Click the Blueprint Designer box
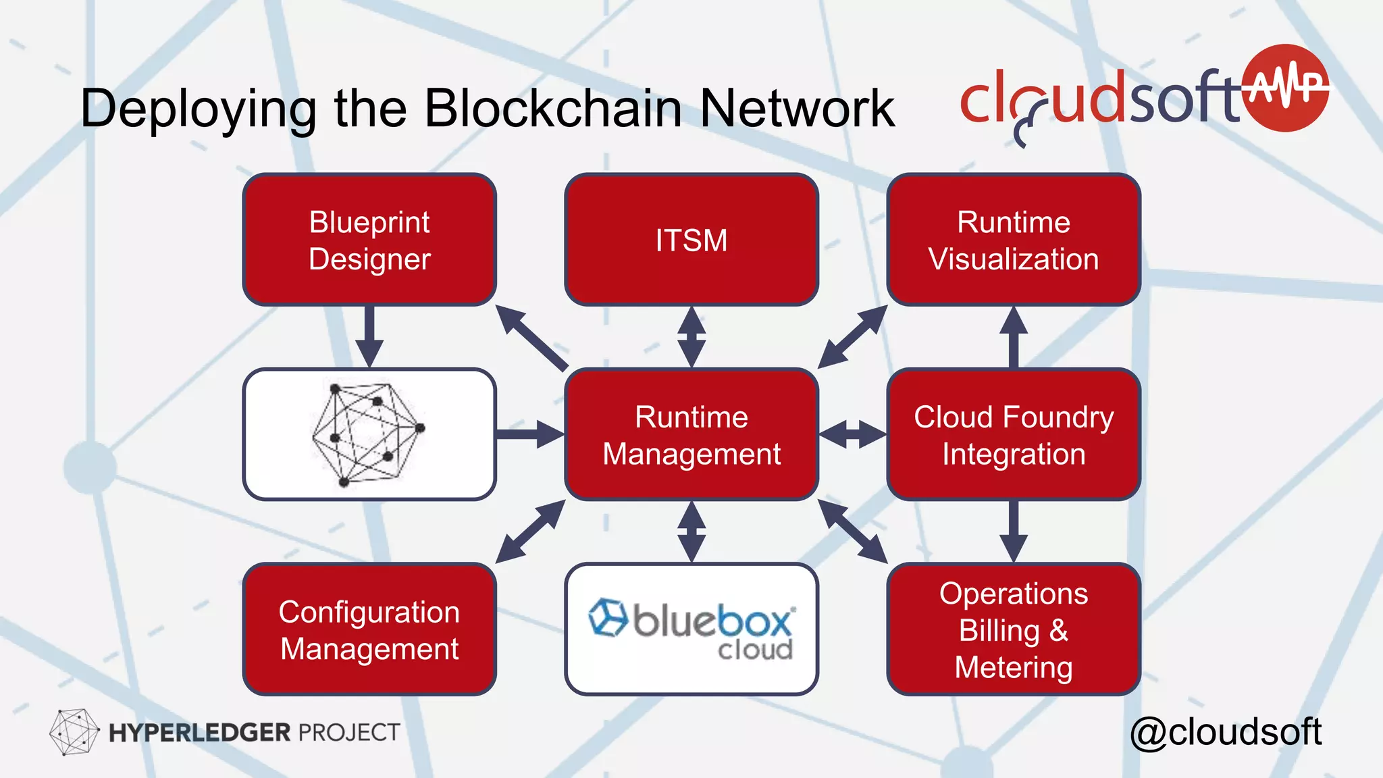click(x=369, y=240)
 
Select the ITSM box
click(x=691, y=240)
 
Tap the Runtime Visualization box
click(x=1013, y=240)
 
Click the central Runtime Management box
click(x=691, y=434)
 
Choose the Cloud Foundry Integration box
click(x=1013, y=434)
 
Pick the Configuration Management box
click(x=369, y=629)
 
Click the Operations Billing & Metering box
click(x=1013, y=629)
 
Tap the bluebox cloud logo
click(x=691, y=628)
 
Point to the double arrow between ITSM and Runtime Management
click(x=691, y=336)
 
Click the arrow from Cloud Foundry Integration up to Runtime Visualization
click(x=1013, y=336)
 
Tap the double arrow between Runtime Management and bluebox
click(x=691, y=531)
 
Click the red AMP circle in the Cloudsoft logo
click(x=1286, y=88)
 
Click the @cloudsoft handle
click(x=1225, y=732)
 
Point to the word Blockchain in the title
click(x=552, y=108)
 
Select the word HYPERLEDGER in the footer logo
click(x=199, y=733)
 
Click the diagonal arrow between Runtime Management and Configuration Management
click(x=530, y=531)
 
